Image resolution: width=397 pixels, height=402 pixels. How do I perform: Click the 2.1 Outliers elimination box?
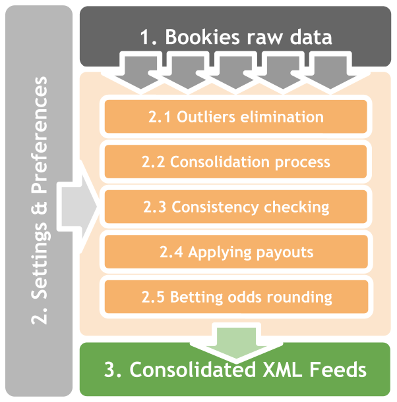[x=235, y=117]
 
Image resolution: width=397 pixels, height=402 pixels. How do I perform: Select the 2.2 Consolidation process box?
[x=235, y=162]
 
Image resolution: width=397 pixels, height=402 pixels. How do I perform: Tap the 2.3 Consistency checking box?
[x=235, y=207]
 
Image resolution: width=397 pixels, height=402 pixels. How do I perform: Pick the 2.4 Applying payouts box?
[x=235, y=251]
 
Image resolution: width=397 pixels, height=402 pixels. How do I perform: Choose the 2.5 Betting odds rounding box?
[x=235, y=296]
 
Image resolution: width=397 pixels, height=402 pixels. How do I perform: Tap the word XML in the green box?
[x=278, y=369]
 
